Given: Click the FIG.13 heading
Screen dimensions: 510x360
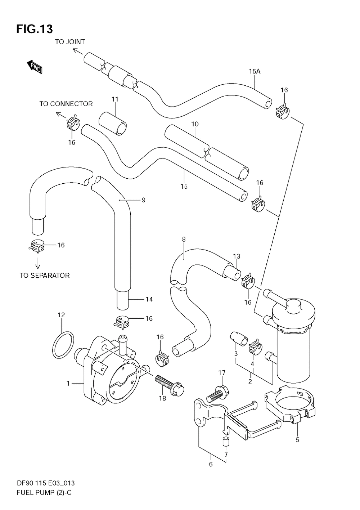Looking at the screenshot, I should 35,29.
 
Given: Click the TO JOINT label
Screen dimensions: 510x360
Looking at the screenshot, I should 70,42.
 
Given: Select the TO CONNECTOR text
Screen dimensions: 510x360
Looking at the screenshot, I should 66,104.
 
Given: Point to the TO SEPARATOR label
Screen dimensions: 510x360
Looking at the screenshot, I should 45,276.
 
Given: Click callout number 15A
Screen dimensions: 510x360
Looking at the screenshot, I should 255,71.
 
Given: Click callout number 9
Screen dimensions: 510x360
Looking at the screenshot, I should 143,200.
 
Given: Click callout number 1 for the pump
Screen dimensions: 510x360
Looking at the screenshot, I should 68,384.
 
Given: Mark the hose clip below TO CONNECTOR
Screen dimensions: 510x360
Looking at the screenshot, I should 73,123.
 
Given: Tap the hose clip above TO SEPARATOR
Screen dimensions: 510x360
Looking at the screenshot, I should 37,246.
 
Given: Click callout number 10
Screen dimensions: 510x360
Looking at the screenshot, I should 195,124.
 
